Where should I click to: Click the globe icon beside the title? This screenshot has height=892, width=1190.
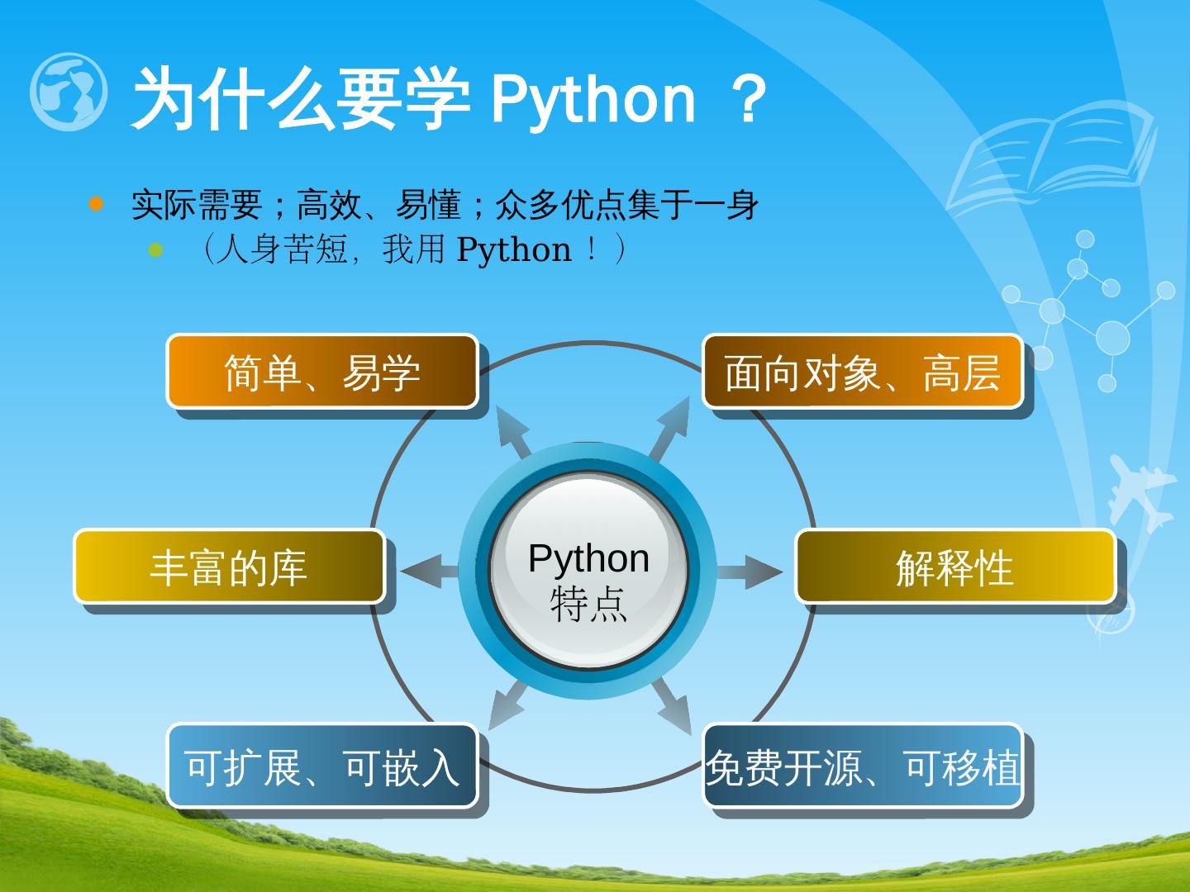[69, 92]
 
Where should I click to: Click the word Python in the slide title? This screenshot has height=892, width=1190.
[593, 99]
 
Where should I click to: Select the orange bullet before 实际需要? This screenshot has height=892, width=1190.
[97, 204]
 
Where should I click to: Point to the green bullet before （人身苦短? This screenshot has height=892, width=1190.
[156, 249]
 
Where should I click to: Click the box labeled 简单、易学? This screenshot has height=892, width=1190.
[322, 372]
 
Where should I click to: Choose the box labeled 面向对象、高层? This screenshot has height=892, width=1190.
[863, 372]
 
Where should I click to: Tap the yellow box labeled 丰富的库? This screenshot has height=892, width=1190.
[230, 567]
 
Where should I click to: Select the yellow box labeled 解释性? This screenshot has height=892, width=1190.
[955, 567]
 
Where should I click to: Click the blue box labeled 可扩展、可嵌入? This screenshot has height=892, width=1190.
[322, 765]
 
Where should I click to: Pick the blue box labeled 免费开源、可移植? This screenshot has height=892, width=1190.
[863, 765]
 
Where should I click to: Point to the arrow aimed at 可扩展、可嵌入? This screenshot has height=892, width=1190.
[506, 706]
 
